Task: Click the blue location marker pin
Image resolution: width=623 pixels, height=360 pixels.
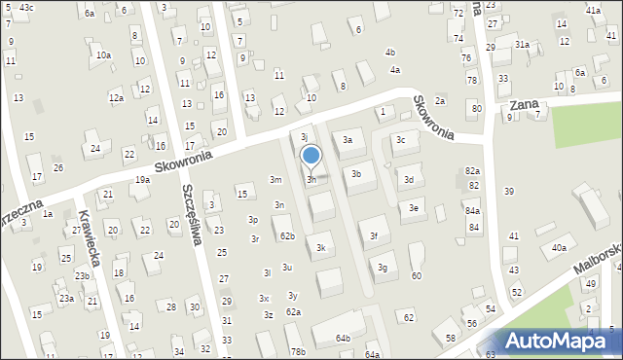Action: [x=311, y=156]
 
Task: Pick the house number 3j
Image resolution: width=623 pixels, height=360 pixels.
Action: [x=305, y=137]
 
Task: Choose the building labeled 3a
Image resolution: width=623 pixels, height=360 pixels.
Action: [x=348, y=140]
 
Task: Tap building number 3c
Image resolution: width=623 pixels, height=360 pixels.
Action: [x=400, y=139]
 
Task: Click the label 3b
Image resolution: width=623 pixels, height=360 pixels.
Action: [x=356, y=174]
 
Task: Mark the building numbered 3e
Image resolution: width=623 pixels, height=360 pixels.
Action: [x=414, y=207]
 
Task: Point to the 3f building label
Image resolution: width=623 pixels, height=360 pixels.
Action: [x=374, y=235]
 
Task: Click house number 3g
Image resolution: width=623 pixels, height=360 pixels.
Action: [x=383, y=267]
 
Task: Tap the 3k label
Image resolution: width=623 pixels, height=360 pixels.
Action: [x=320, y=248]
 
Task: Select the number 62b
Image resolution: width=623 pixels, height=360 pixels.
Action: [x=287, y=235]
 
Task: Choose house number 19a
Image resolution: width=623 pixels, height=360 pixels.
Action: [x=142, y=179]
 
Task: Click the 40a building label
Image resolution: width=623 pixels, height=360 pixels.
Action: [x=559, y=248]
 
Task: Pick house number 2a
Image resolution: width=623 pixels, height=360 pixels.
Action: [x=440, y=101]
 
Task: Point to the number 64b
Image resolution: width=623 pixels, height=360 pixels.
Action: [x=343, y=338]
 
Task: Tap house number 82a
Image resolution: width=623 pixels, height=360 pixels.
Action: [x=472, y=170]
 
